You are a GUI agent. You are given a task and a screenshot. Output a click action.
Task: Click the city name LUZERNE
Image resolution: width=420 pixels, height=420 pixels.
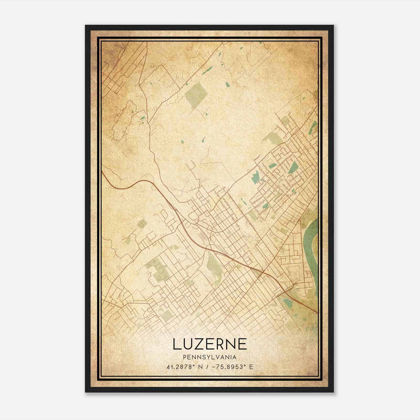click(x=210, y=344)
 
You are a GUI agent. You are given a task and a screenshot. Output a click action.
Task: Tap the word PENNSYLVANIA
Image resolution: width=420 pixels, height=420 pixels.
click(x=210, y=357)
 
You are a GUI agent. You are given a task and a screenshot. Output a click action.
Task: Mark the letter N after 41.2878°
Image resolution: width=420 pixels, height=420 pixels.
click(x=200, y=367)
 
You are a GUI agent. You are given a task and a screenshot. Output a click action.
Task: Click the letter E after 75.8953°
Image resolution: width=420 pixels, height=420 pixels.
click(x=251, y=367)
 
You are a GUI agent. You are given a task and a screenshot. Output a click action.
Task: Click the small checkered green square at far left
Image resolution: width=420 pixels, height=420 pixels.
click(x=142, y=224)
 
